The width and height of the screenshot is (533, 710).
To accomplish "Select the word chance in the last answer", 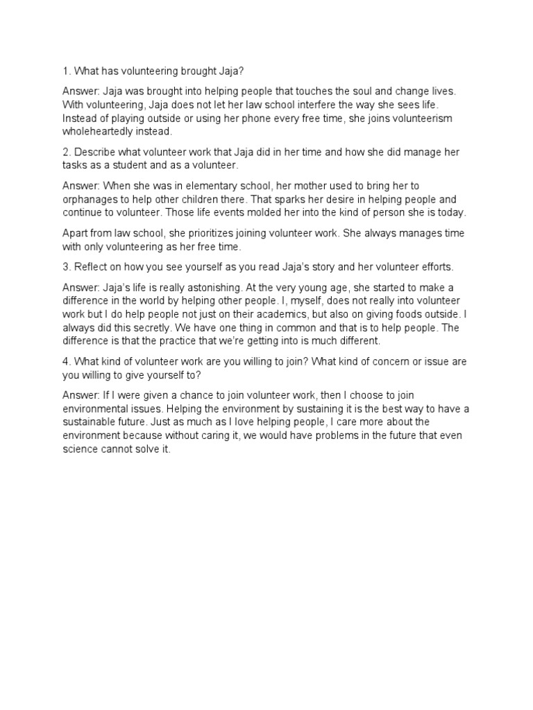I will tap(201, 396).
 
